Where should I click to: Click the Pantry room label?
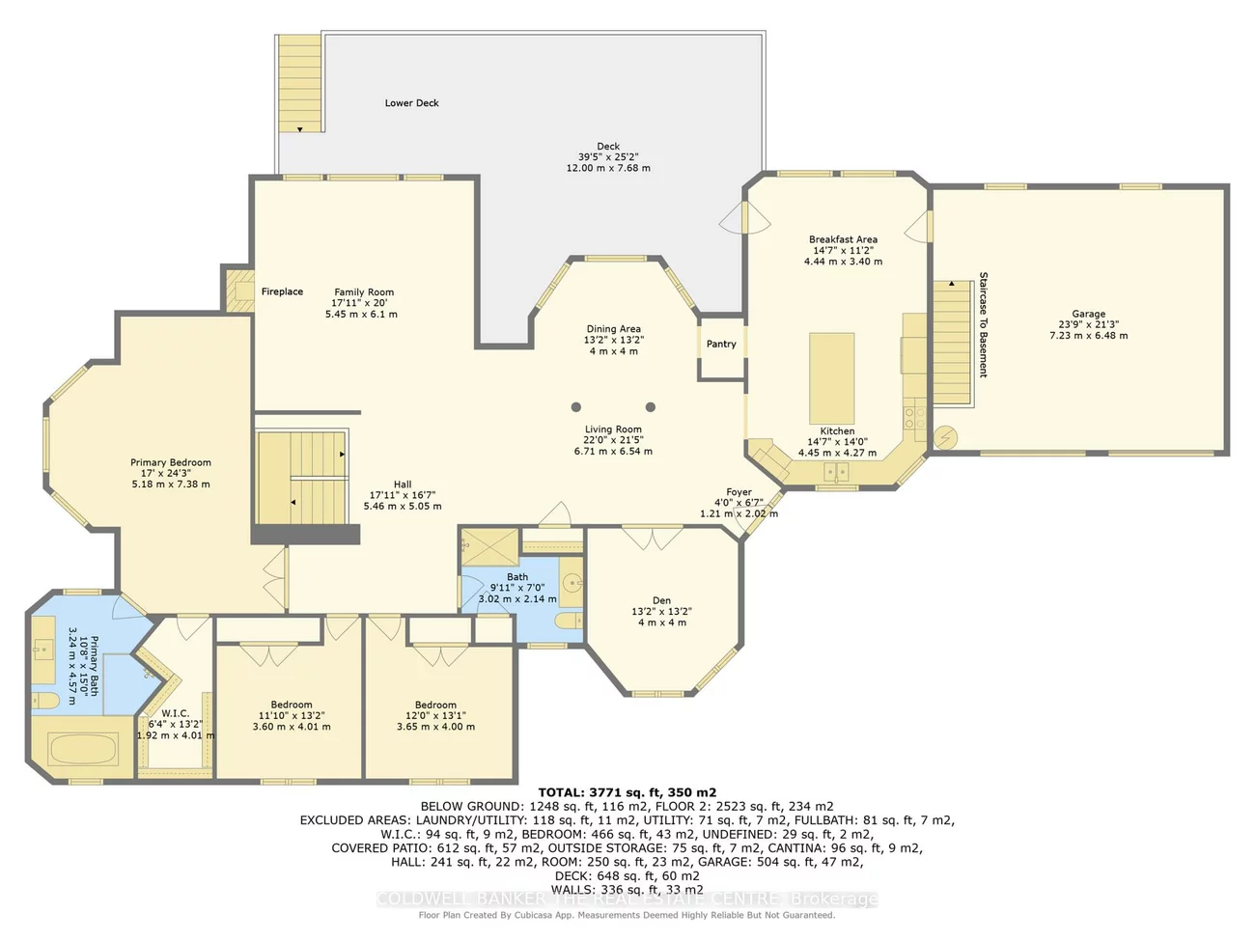click(x=721, y=344)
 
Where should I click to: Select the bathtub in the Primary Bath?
click(x=82, y=749)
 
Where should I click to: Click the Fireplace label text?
click(x=282, y=291)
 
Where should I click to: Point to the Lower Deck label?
click(x=412, y=103)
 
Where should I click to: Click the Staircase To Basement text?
click(x=984, y=324)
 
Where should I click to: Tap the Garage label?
click(x=1088, y=314)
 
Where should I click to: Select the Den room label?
click(x=661, y=600)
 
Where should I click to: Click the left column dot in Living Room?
click(x=576, y=407)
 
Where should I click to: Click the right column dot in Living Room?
click(x=651, y=407)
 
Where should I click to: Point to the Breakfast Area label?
click(x=843, y=239)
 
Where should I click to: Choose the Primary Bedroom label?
click(x=171, y=462)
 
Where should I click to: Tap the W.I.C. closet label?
click(x=175, y=713)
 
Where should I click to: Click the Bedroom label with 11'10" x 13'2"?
click(x=291, y=705)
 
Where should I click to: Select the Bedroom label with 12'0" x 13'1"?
click(x=435, y=705)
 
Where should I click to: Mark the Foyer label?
click(x=739, y=492)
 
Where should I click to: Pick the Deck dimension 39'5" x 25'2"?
click(x=608, y=156)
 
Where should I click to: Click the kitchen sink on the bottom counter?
click(x=836, y=472)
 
